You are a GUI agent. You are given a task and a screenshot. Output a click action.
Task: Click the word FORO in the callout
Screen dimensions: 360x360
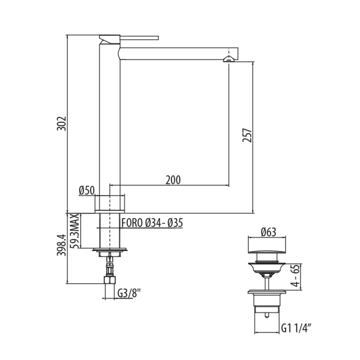pos(132,223)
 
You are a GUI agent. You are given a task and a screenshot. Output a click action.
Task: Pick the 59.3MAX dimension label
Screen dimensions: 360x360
pos(74,230)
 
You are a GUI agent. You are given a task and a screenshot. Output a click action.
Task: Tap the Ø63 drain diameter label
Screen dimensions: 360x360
pos(267,232)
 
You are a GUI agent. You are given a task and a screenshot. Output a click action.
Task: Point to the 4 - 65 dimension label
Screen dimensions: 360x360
pos(296,276)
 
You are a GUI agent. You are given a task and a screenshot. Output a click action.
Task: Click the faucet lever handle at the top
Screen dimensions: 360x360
pos(139,37)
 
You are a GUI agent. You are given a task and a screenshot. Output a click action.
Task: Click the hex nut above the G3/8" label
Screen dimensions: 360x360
pos(109,279)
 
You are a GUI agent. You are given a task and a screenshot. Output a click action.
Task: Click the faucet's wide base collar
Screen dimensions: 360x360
pos(109,203)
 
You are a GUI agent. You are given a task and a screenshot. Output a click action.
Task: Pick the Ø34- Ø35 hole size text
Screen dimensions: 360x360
pos(164,223)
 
